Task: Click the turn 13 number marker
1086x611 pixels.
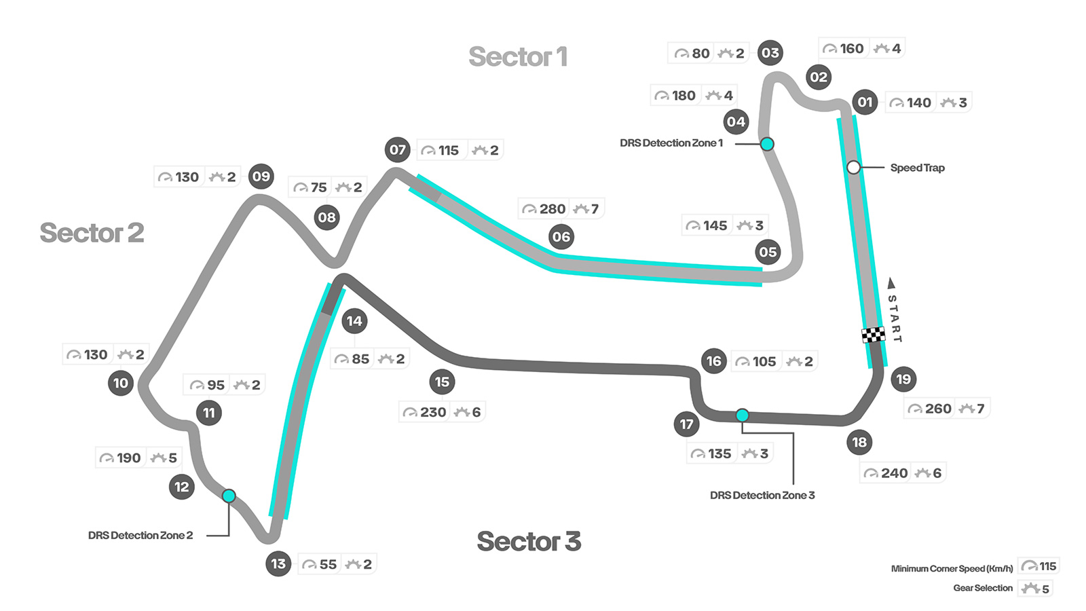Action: pos(278,563)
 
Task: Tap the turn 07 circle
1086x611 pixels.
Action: pos(398,150)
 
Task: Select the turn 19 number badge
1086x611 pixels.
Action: pos(903,379)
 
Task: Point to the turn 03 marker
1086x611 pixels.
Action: pos(770,53)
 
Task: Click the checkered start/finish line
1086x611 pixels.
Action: pos(873,335)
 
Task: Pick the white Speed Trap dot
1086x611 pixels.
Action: pos(854,167)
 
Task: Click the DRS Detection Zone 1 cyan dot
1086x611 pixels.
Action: pos(767,144)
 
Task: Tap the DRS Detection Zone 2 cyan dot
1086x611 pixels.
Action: pos(229,496)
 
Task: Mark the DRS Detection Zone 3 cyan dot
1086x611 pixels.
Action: pos(743,415)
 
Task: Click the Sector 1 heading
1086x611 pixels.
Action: pos(518,57)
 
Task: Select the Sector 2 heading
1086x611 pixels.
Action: pos(92,233)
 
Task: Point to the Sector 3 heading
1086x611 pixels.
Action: pos(529,542)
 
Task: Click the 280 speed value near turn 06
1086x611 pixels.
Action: pos(553,209)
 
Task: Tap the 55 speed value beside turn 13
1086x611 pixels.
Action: pos(328,564)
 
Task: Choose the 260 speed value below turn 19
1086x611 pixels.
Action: pos(938,409)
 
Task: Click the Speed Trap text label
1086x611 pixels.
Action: pos(917,168)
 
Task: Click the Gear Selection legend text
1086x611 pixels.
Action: pos(982,588)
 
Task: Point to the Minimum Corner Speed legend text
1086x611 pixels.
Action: pos(952,569)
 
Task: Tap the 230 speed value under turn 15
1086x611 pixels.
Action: pos(433,412)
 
